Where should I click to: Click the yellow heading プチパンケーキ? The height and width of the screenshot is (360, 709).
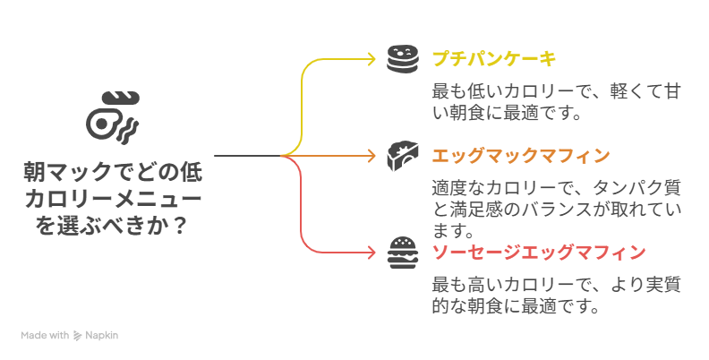click(x=493, y=59)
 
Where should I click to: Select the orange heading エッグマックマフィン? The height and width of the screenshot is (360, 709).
click(x=520, y=156)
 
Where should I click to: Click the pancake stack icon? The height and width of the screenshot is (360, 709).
click(x=403, y=59)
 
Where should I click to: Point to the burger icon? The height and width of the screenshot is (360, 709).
click(x=403, y=253)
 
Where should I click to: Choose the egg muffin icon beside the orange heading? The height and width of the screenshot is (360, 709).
click(x=403, y=156)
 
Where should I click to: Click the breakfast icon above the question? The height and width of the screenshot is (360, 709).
click(x=112, y=115)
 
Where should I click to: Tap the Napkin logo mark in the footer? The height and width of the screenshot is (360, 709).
click(x=78, y=336)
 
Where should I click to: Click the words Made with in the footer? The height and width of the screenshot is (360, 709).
click(x=45, y=336)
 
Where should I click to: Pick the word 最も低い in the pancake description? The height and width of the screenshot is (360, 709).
click(x=466, y=92)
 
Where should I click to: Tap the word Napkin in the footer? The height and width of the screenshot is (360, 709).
click(x=102, y=336)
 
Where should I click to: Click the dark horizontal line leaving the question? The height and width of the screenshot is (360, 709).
click(x=246, y=156)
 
